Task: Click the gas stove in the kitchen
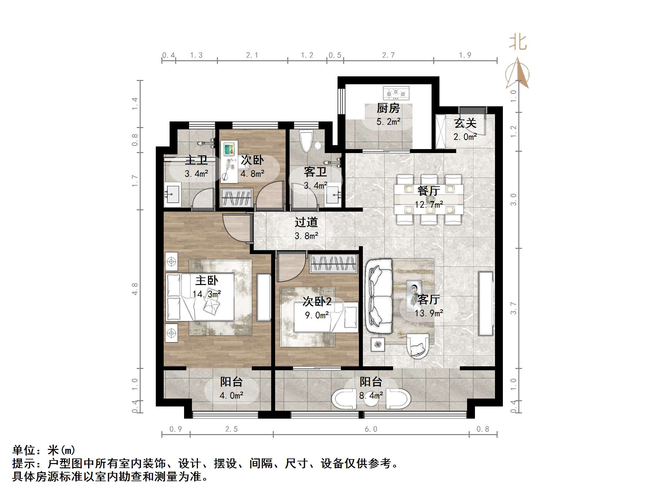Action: (x=396, y=93)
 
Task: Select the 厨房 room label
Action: (x=388, y=108)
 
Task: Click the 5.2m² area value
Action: (x=388, y=122)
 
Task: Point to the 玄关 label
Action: (x=465, y=123)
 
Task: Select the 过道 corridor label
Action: (x=306, y=222)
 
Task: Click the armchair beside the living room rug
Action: (x=417, y=346)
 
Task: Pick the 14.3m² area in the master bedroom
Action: (x=206, y=294)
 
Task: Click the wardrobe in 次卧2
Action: (x=334, y=264)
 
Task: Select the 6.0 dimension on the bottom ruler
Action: (x=371, y=429)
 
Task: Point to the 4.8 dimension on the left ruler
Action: (x=135, y=289)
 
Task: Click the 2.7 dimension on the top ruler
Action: (x=388, y=55)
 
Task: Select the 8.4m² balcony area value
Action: (x=371, y=396)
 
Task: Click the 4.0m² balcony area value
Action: (x=231, y=396)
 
